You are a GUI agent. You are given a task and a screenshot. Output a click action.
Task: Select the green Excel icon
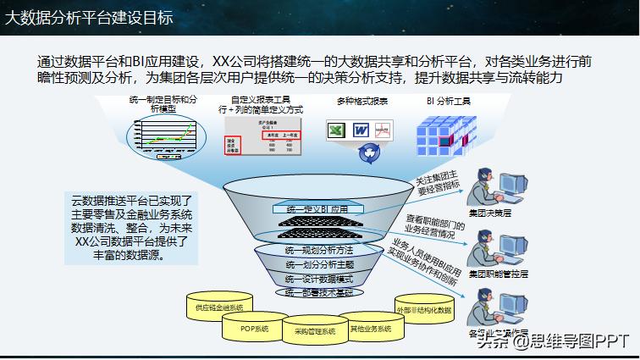(335, 130)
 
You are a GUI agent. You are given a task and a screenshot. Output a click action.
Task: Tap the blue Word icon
(360, 130)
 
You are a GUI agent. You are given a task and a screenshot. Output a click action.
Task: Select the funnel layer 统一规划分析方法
(318, 251)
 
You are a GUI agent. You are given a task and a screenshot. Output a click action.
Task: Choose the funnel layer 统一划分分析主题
(318, 264)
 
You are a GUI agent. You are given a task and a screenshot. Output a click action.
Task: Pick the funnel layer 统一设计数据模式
(318, 278)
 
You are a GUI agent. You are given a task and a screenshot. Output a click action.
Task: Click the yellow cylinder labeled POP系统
(254, 328)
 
